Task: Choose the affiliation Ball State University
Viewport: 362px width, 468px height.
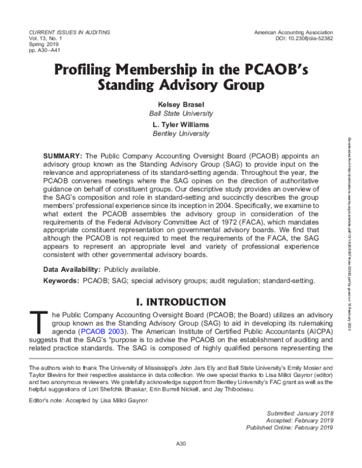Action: tap(181, 113)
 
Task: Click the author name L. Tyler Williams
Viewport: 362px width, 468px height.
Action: tap(181, 125)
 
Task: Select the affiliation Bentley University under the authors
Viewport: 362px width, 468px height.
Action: tap(181, 133)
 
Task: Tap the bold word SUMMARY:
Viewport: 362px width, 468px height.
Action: tap(62, 156)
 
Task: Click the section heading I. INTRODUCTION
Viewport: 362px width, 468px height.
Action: tap(181, 302)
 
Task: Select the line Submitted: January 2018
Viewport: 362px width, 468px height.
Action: tap(299, 413)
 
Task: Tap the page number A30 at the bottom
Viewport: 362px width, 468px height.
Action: tap(180, 444)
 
